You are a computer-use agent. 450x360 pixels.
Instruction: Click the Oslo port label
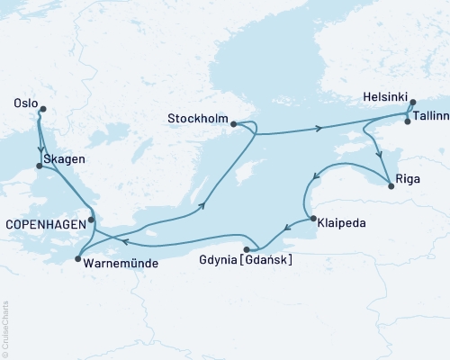(24, 103)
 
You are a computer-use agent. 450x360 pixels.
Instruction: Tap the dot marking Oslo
(42, 111)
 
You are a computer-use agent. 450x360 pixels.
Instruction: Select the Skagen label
(65, 159)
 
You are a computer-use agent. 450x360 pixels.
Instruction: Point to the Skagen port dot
(39, 166)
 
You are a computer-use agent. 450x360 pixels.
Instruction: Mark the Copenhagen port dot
(92, 220)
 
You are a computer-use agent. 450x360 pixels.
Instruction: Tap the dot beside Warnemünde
(77, 258)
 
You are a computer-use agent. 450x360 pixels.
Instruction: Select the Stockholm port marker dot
(234, 125)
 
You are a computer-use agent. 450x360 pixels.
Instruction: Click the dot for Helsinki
(413, 103)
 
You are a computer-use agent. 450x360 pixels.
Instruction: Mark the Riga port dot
(391, 186)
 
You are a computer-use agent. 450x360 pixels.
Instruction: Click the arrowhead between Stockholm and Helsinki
(320, 130)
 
